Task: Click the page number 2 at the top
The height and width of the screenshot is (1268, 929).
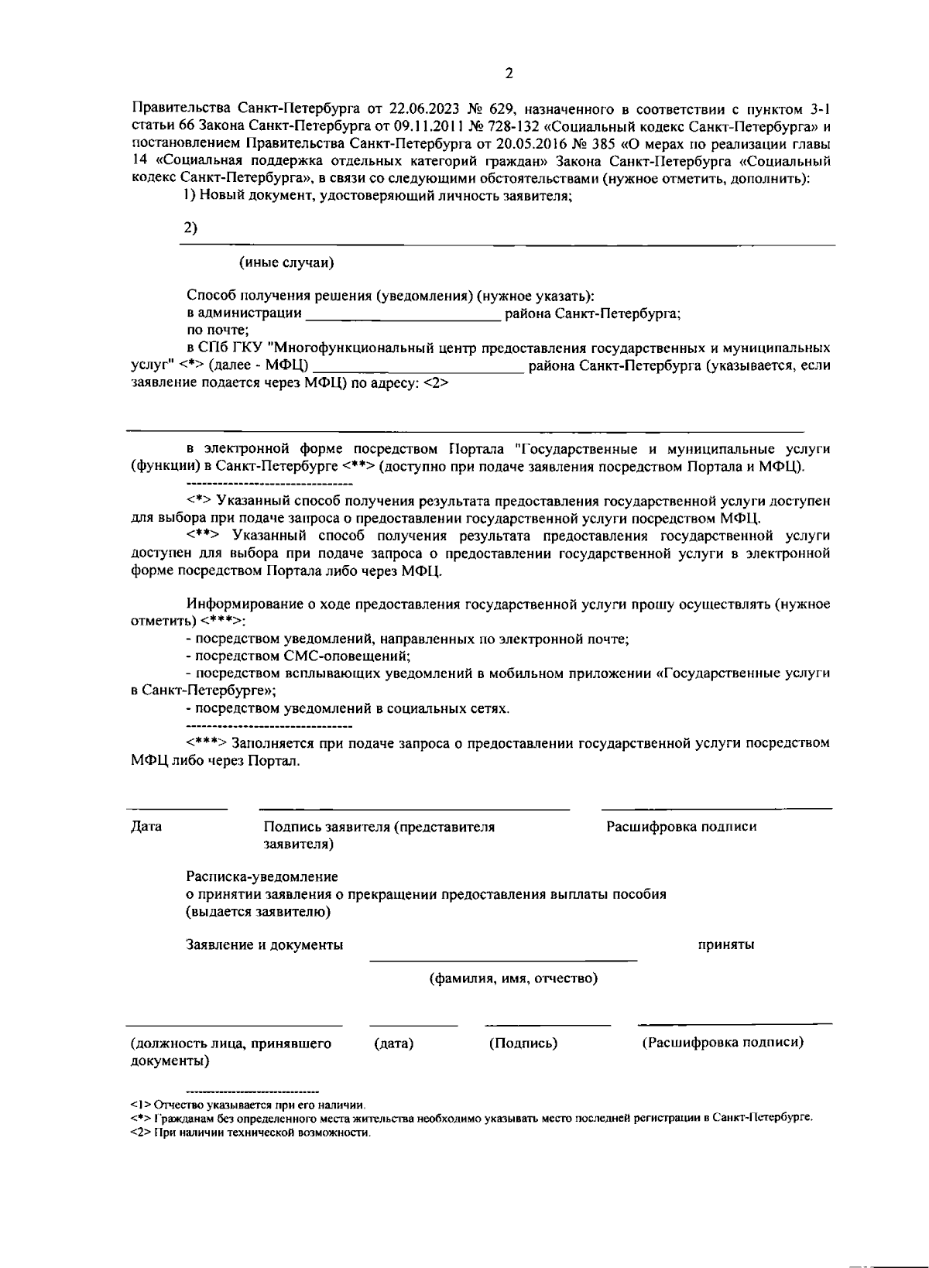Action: [x=509, y=74]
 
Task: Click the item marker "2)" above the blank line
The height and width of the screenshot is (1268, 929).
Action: [x=190, y=228]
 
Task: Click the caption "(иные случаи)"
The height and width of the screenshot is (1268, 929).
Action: [x=286, y=262]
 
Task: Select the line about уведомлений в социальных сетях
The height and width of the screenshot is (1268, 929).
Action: [x=348, y=708]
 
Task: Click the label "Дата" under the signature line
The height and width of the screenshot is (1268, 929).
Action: [x=146, y=827]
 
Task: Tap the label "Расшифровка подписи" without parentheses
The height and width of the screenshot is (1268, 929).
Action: [x=681, y=827]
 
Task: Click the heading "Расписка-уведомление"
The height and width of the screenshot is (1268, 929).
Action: [x=262, y=877]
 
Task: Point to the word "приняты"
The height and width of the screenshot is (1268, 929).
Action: [x=726, y=945]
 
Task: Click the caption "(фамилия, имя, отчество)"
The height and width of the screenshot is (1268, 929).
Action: [x=513, y=979]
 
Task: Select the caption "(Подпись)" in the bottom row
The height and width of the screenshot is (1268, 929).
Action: [x=523, y=1044]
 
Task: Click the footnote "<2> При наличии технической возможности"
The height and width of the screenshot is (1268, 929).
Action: [x=251, y=1133]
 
